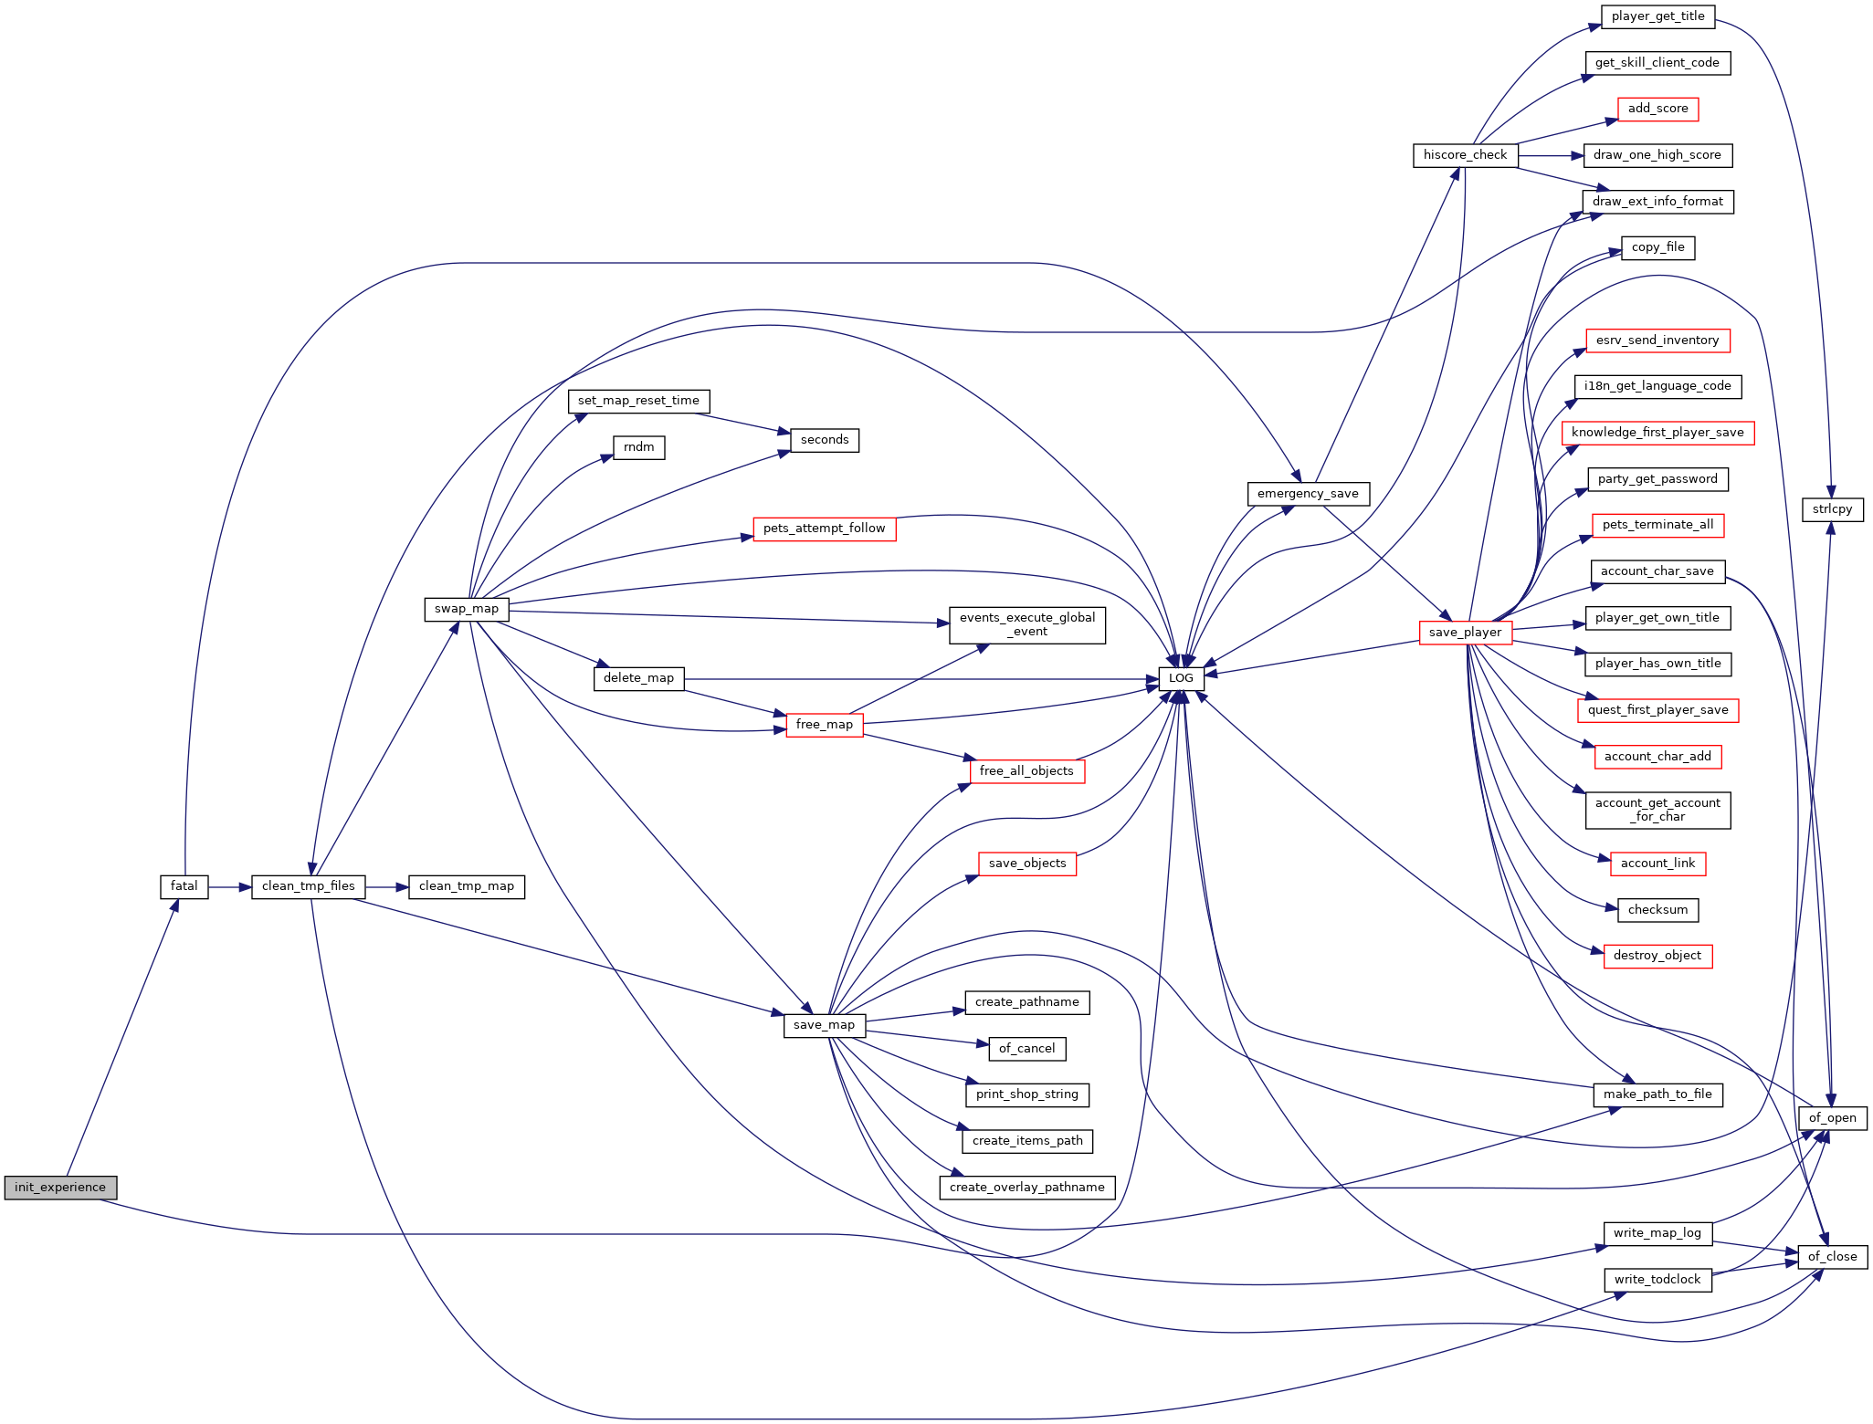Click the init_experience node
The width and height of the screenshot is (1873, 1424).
click(60, 1188)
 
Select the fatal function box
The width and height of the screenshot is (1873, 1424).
click(184, 886)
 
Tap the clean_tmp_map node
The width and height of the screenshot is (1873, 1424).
click(467, 886)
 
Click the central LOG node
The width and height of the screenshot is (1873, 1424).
click(1182, 678)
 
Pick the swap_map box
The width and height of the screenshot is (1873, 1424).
click(467, 609)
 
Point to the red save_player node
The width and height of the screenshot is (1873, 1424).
click(1466, 633)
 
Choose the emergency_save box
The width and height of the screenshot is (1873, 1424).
click(1309, 494)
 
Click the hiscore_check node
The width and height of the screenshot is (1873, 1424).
click(1466, 155)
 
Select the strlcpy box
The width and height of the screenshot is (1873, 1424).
click(1833, 509)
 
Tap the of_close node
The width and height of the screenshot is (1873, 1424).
click(1833, 1257)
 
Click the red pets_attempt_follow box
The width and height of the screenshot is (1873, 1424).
click(825, 529)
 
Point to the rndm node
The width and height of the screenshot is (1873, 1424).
click(639, 447)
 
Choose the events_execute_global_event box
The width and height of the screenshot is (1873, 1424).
click(1027, 625)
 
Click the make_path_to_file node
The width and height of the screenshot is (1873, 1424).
click(1658, 1094)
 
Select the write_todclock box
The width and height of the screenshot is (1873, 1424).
click(1658, 1280)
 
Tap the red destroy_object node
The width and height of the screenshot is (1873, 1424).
click(1658, 956)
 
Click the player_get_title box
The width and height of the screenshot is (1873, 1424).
click(1658, 16)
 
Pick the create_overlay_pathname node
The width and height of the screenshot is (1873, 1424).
click(1027, 1188)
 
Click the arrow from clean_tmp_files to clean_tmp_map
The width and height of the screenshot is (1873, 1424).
click(387, 886)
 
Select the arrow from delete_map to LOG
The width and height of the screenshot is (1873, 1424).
click(921, 679)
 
